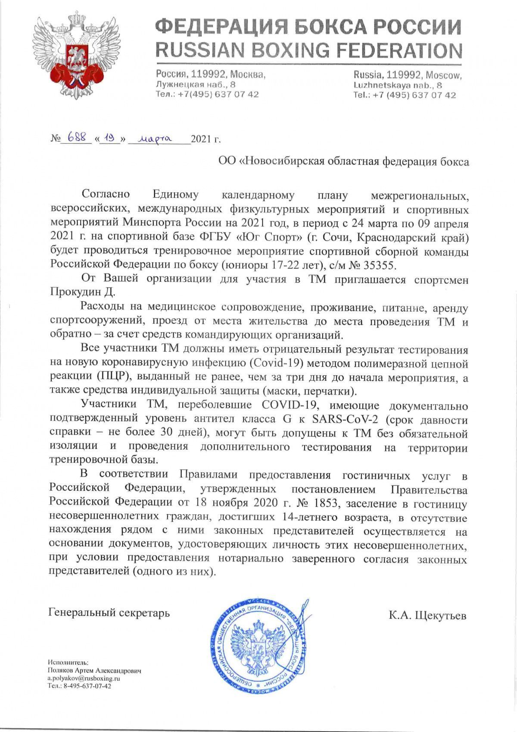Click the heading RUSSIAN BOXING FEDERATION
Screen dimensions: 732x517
[308, 50]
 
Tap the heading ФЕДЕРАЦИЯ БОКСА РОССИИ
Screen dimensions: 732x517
[308, 27]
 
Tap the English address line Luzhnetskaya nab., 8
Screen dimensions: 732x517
[397, 85]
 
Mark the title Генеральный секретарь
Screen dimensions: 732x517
[109, 613]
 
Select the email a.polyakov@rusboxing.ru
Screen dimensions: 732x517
[84, 679]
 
